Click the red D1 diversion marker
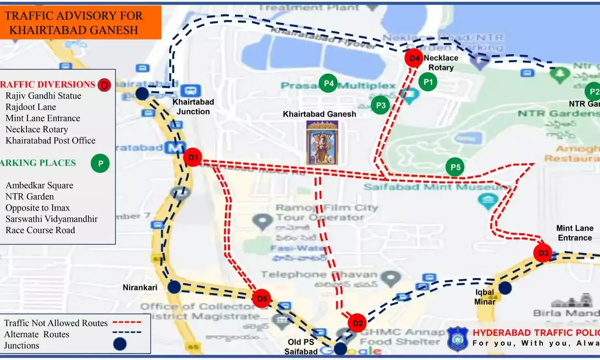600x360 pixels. coord(193,158)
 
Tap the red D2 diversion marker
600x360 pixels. coord(357,323)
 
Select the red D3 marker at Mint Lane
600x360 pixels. coord(543,253)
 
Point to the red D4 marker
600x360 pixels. coord(414,58)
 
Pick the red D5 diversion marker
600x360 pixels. coord(262,299)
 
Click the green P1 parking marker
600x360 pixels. coord(428,82)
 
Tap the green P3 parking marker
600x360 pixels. coord(380,105)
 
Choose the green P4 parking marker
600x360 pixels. coord(328,83)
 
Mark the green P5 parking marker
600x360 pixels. coord(455,167)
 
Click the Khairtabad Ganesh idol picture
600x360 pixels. coord(322,143)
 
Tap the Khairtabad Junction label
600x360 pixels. coord(193,107)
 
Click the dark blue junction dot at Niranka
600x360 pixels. coord(174,287)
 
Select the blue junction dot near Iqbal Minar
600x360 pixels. coord(505,288)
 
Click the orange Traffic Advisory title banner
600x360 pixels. coord(80,22)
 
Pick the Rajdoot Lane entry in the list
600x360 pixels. coord(31,107)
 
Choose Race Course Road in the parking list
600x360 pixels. coord(40,230)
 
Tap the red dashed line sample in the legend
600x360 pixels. coord(127,322)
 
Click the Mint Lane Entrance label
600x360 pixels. coord(575,233)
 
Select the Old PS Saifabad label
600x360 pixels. coord(301,347)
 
